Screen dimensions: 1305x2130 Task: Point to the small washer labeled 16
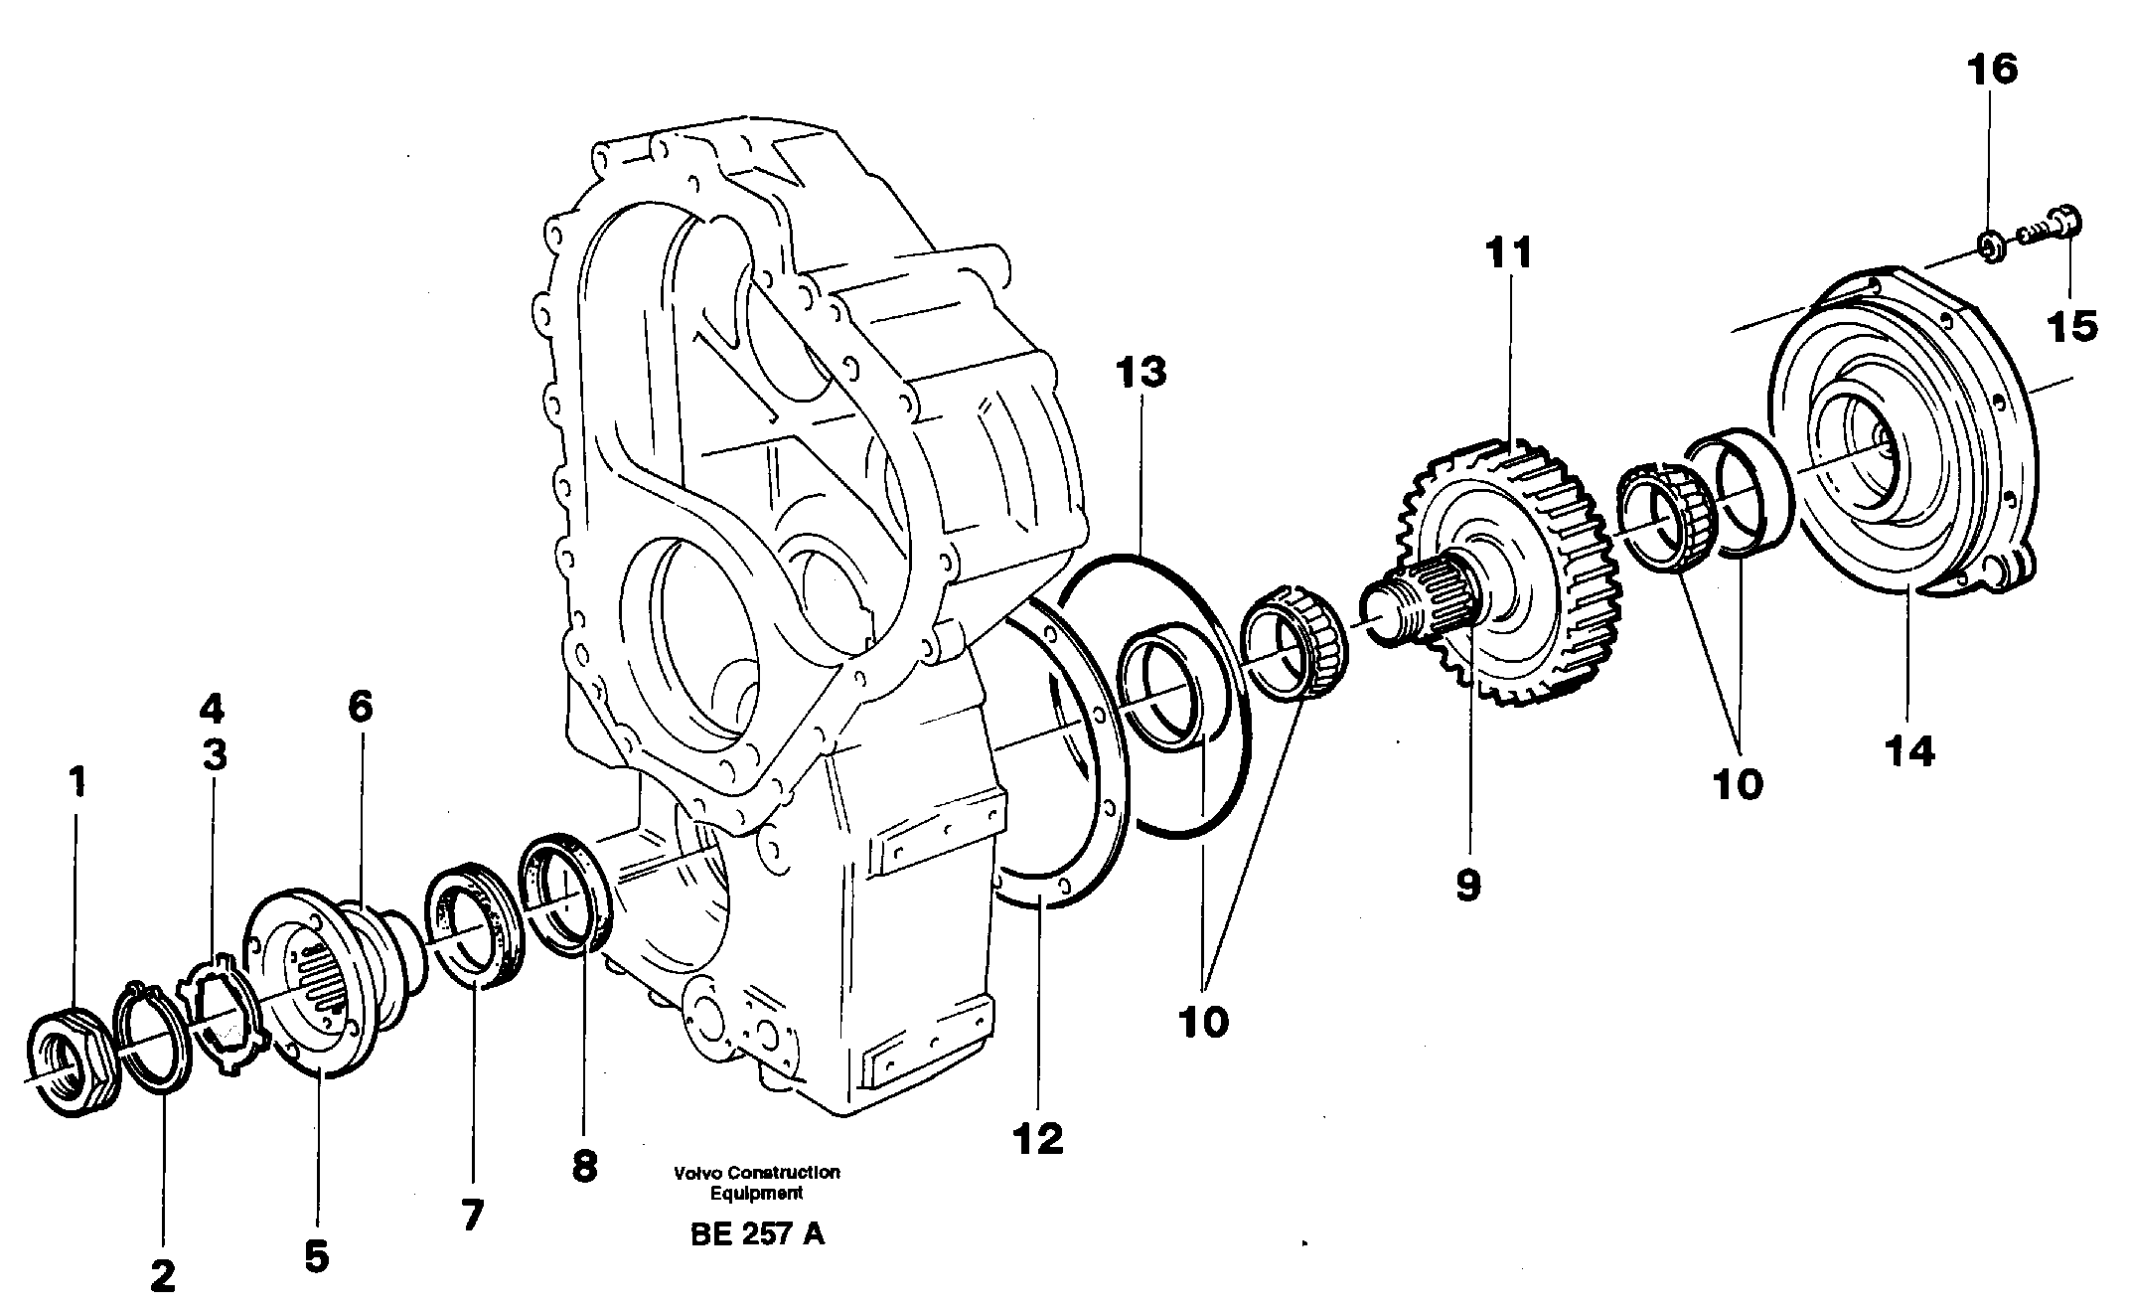pos(1990,245)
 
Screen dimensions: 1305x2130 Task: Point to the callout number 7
pos(472,1215)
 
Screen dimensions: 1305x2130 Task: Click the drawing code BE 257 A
pos(756,1234)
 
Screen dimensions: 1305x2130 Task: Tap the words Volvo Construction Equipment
pos(756,1183)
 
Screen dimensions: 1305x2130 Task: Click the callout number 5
pos(316,1257)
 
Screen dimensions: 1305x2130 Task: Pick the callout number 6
pos(360,707)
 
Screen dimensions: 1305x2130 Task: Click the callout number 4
pos(212,710)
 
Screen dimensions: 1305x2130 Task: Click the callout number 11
pos(1509,252)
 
